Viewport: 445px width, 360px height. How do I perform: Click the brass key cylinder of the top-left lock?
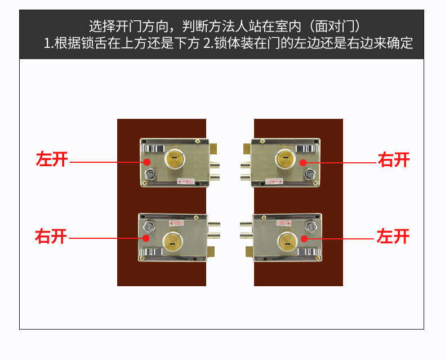[175, 159]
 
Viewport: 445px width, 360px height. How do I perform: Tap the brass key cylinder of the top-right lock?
[286, 159]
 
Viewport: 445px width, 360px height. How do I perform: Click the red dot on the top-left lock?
[147, 162]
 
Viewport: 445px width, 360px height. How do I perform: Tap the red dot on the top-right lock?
[302, 162]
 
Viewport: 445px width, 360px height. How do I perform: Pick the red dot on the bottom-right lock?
[304, 238]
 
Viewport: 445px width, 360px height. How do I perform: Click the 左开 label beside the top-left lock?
[52, 159]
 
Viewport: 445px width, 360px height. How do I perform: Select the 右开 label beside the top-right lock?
[394, 160]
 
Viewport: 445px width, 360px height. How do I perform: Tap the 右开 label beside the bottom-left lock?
[51, 236]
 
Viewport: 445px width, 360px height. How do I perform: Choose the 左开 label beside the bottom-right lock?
[393, 236]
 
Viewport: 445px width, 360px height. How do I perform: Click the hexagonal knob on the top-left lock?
[149, 175]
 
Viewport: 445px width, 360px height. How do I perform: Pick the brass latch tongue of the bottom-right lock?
[246, 250]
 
